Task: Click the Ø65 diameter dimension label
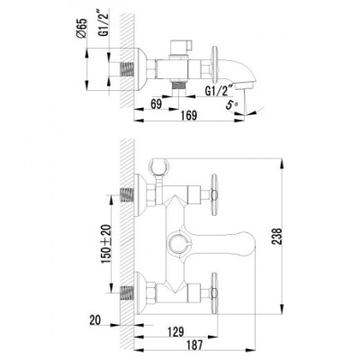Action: pos(81,28)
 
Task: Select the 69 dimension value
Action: pos(156,104)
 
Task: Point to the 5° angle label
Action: pos(231,105)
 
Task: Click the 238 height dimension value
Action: pos(277,237)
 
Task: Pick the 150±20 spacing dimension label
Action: pos(106,244)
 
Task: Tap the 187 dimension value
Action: pos(194,345)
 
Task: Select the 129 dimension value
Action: pos(175,332)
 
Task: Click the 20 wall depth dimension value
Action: pos(95,320)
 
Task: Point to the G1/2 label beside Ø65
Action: pos(103,26)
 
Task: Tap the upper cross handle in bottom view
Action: pos(214,195)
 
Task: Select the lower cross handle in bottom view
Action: pos(214,293)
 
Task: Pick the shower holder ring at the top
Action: pos(159,166)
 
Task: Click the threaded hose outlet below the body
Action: pos(178,85)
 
